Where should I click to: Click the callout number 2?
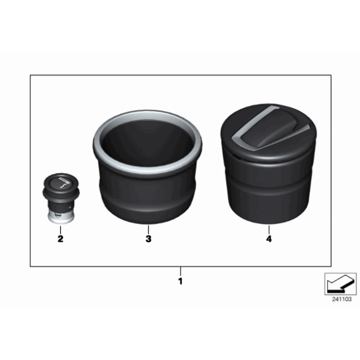pos(60,238)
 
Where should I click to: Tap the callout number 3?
pos(148,238)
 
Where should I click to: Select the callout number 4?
pos(268,238)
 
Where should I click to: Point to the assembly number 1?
pos(180,281)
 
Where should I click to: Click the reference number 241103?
pos(341,299)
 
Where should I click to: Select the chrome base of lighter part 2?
pos(59,215)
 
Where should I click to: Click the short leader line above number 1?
pos(180,271)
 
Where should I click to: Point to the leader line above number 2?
pos(60,227)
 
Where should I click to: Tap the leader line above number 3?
pos(148,227)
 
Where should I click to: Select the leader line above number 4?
pos(268,227)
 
